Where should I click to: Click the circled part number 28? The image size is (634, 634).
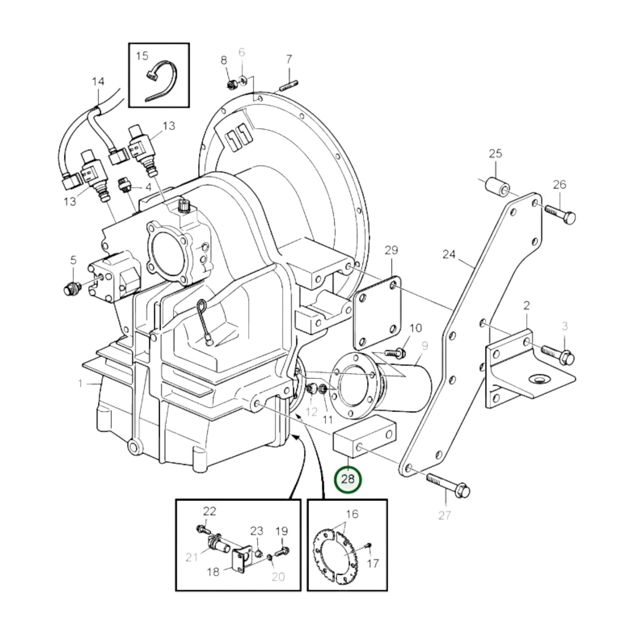347,479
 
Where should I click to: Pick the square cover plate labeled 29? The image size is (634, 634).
377,312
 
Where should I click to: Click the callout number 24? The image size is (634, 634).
448,254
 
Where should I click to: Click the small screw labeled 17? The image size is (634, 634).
368,545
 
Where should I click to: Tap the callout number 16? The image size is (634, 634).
352,513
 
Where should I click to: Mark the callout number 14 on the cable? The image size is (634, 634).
98,82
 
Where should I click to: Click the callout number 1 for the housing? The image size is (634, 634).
80,384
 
